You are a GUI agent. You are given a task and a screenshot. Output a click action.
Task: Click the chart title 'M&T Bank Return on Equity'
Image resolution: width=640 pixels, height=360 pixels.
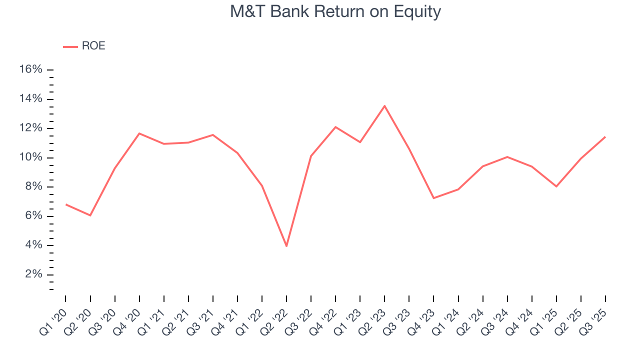(335, 11)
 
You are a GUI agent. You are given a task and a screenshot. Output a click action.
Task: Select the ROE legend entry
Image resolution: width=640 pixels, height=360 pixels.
(84, 46)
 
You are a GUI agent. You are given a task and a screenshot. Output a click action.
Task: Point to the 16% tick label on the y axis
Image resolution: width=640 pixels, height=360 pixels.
(30, 69)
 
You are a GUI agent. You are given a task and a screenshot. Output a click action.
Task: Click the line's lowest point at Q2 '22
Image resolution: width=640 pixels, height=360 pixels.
(286, 246)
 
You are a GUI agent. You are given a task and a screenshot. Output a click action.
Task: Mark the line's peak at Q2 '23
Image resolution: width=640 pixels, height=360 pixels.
(384, 106)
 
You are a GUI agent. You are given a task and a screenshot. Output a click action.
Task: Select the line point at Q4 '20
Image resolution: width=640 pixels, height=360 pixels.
(139, 133)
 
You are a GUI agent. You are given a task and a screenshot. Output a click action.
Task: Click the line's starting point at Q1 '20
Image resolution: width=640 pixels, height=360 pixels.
(65, 204)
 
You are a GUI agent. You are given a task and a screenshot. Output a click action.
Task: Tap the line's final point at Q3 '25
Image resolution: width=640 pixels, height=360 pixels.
(605, 136)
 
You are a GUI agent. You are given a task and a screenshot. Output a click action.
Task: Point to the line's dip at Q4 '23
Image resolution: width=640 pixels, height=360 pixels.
(433, 198)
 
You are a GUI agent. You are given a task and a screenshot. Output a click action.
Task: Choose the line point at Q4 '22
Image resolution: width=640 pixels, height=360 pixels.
(335, 127)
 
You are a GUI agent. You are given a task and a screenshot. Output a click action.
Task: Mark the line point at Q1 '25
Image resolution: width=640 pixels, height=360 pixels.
(556, 186)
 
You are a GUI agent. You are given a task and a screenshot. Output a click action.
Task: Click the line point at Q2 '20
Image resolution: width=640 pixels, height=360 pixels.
(90, 215)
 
